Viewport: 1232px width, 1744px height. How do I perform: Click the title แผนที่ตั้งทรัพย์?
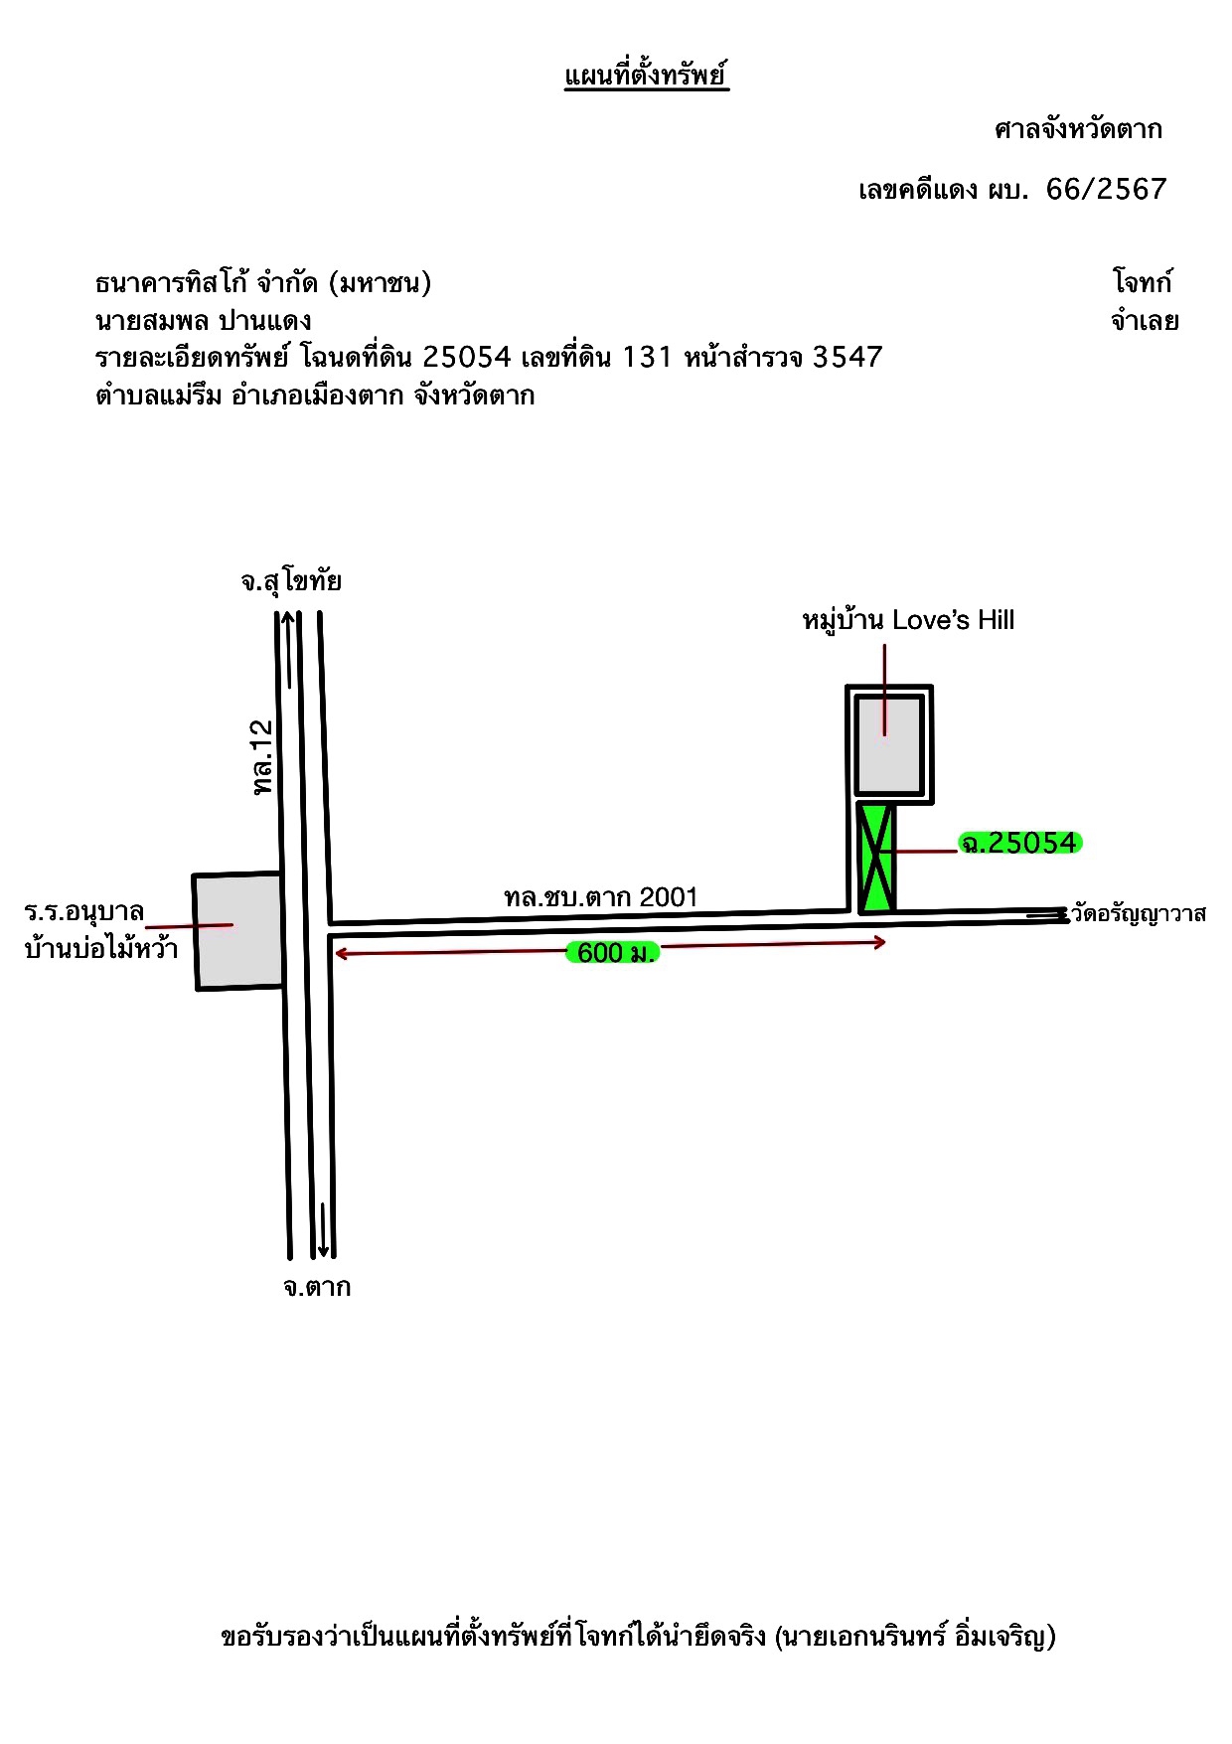click(x=647, y=76)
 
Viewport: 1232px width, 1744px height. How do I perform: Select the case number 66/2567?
click(x=1107, y=189)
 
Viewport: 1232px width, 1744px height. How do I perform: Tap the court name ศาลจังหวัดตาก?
click(x=1078, y=129)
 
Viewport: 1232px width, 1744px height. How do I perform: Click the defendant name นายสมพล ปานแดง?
click(x=204, y=320)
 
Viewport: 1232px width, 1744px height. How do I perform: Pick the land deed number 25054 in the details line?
click(x=467, y=357)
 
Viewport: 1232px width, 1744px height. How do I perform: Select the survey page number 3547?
click(x=847, y=357)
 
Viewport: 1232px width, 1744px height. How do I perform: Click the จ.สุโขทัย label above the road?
click(x=291, y=581)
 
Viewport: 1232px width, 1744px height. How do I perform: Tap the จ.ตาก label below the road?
click(x=317, y=1287)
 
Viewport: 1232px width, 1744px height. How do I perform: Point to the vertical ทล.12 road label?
click(x=261, y=756)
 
